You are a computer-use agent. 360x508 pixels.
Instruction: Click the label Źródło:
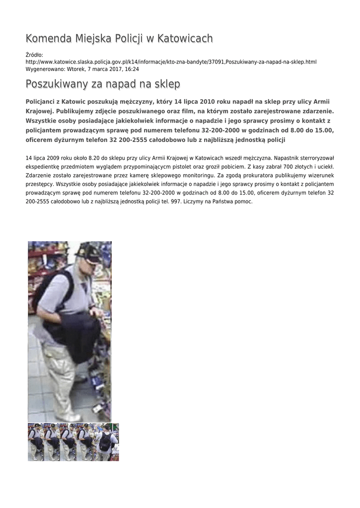click(34, 55)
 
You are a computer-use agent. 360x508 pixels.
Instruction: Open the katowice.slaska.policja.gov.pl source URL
click(171, 62)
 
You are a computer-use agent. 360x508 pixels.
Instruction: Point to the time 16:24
click(132, 69)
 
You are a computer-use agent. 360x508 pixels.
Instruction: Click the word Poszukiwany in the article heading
click(56, 84)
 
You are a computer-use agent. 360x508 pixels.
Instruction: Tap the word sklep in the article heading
click(166, 84)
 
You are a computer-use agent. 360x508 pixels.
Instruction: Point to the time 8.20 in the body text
click(92, 158)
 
